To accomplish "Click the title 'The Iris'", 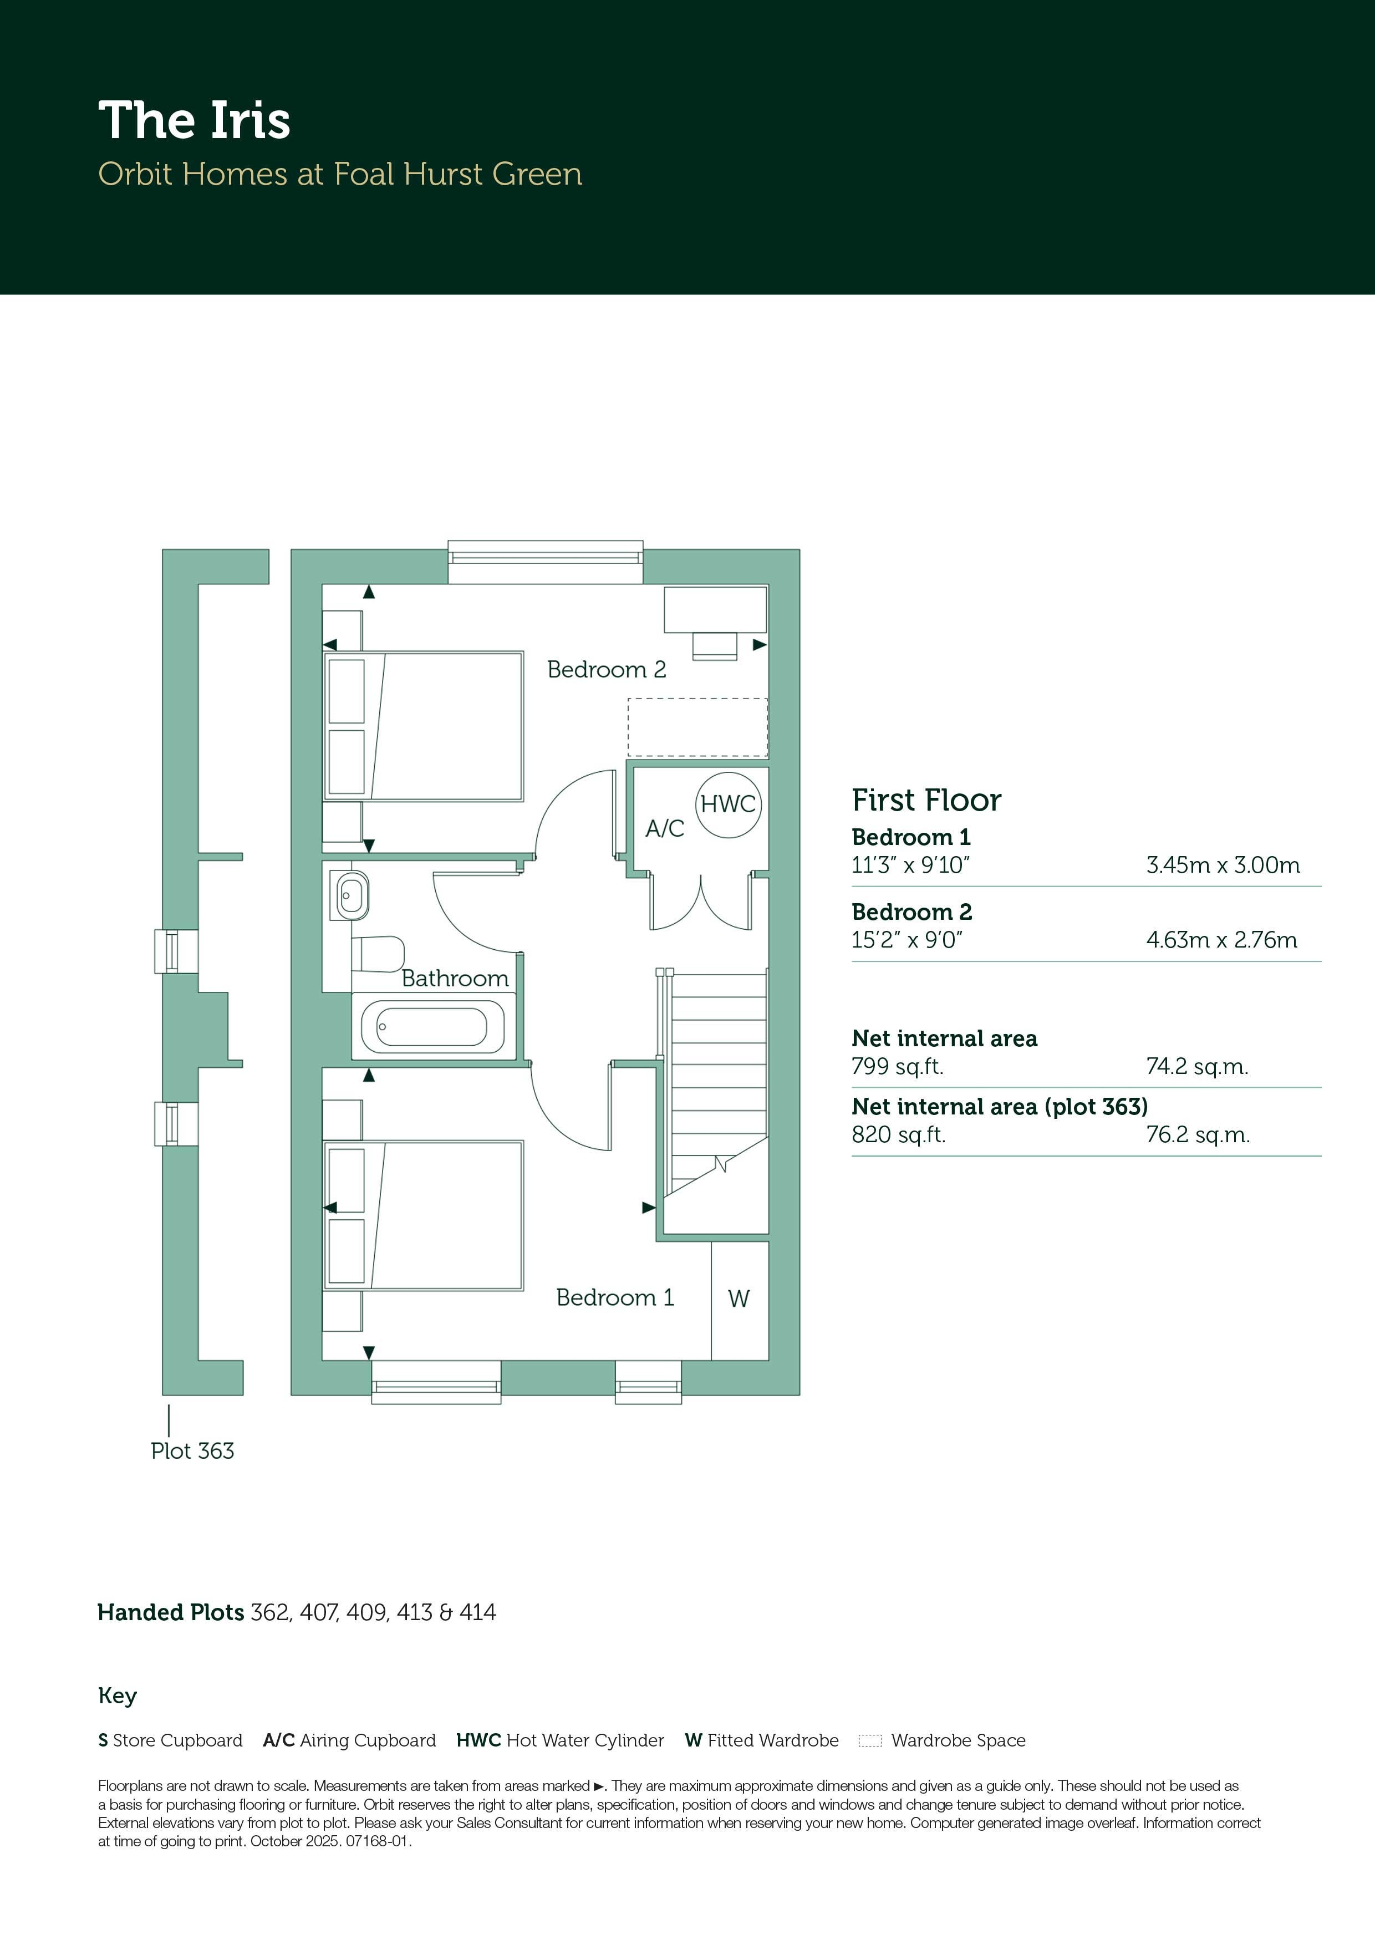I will coord(194,120).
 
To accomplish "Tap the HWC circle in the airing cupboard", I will coord(728,804).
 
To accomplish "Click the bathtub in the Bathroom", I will coord(432,1027).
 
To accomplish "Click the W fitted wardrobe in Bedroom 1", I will coord(739,1299).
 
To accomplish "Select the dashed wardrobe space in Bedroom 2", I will coord(697,727).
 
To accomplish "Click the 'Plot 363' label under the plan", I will coord(192,1450).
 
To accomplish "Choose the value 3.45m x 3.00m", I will coord(1223,865).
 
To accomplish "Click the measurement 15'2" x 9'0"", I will coord(908,939).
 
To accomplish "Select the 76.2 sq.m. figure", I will coord(1198,1134).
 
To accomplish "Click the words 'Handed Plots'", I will coord(170,1612).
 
